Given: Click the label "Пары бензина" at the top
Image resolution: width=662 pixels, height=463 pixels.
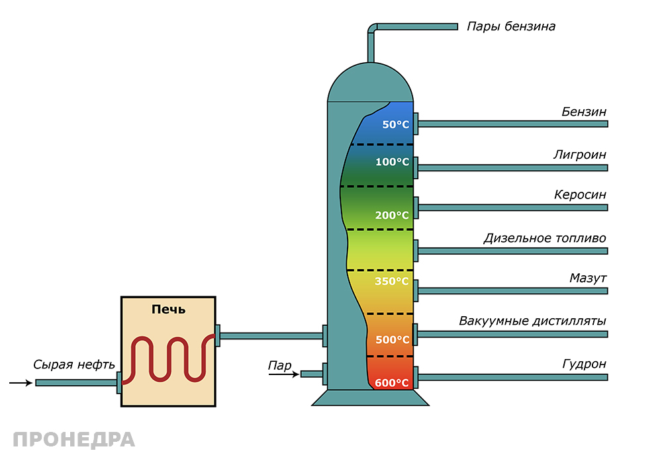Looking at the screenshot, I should click(x=510, y=27).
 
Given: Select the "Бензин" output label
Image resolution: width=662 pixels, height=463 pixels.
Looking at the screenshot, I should click(x=584, y=112).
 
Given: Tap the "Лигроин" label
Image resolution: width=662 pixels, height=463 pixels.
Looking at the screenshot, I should click(x=580, y=155).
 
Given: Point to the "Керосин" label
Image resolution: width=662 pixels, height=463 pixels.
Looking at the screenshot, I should click(x=580, y=195).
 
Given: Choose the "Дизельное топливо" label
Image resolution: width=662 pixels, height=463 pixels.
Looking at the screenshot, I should click(x=545, y=238).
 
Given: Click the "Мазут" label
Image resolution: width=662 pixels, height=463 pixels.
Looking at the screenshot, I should click(x=588, y=278).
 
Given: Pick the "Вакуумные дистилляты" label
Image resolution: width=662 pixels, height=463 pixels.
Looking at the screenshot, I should click(x=533, y=321).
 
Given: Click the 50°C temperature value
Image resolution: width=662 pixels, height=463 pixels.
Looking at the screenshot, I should click(x=396, y=124).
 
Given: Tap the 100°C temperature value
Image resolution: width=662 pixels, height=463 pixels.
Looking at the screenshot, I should click(x=393, y=162).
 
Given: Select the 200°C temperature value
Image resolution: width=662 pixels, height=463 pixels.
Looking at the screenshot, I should click(x=393, y=216).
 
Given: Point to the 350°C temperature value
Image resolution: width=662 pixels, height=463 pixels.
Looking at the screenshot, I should click(x=393, y=282).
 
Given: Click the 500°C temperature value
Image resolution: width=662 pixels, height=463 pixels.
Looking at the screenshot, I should click(x=393, y=340).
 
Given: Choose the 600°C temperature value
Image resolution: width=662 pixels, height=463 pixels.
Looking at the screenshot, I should click(x=393, y=383).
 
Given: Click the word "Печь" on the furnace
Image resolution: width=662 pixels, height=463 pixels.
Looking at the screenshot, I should click(x=169, y=309).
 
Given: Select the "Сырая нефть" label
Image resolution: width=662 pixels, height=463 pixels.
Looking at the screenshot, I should click(x=74, y=364).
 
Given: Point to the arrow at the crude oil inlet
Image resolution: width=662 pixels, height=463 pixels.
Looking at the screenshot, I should click(x=21, y=382).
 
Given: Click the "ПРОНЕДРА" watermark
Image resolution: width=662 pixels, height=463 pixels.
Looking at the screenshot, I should click(x=73, y=439).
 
